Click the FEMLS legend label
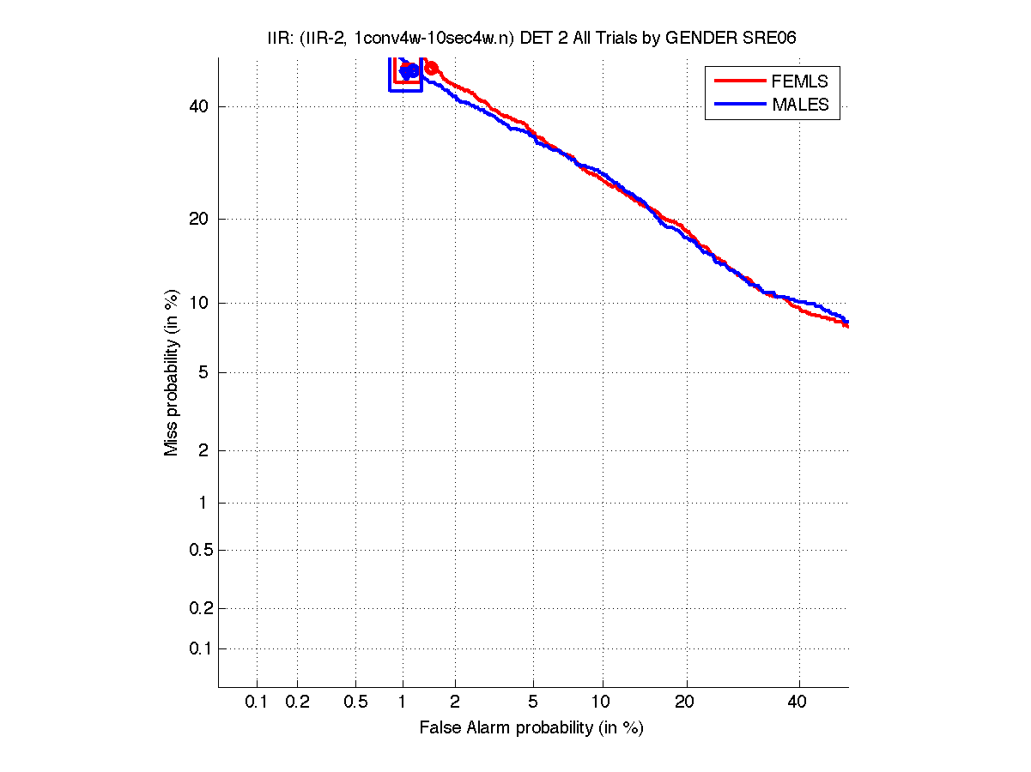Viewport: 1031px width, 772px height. tap(799, 81)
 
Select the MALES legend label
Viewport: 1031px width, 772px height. tap(800, 105)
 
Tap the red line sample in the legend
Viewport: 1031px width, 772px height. tap(738, 81)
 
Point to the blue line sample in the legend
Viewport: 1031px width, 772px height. tap(738, 104)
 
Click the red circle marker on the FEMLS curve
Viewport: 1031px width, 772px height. tap(432, 68)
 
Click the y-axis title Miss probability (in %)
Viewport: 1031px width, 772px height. tap(173, 372)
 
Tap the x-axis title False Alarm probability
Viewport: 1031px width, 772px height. tap(531, 727)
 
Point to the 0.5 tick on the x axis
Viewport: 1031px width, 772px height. tap(355, 702)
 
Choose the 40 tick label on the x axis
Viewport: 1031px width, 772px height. tap(798, 702)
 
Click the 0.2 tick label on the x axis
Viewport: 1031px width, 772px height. tap(297, 702)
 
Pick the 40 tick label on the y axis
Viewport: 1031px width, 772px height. tap(197, 106)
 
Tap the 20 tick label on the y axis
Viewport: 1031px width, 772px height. tap(197, 219)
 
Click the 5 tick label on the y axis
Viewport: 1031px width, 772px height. tap(202, 372)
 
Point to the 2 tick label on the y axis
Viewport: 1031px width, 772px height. tap(202, 450)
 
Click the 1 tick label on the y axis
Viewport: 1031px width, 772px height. tap(202, 503)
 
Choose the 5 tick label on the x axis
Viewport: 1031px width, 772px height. tap(533, 702)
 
